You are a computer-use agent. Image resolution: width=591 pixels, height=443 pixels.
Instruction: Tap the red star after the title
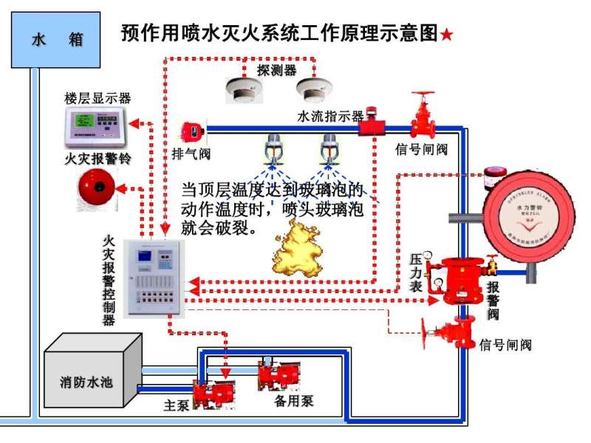pos(447,35)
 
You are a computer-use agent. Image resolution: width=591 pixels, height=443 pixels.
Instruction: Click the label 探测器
pos(277,70)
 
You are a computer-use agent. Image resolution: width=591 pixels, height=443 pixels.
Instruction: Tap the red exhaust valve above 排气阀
pos(193,131)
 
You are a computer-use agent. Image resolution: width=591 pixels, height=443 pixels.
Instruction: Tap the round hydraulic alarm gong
pos(527,212)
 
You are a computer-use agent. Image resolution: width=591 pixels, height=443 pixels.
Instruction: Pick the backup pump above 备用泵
pos(280,374)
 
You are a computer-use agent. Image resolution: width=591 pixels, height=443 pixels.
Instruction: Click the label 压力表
pos(415,272)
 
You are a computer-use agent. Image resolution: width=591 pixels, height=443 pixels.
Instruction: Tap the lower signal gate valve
pos(452,332)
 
